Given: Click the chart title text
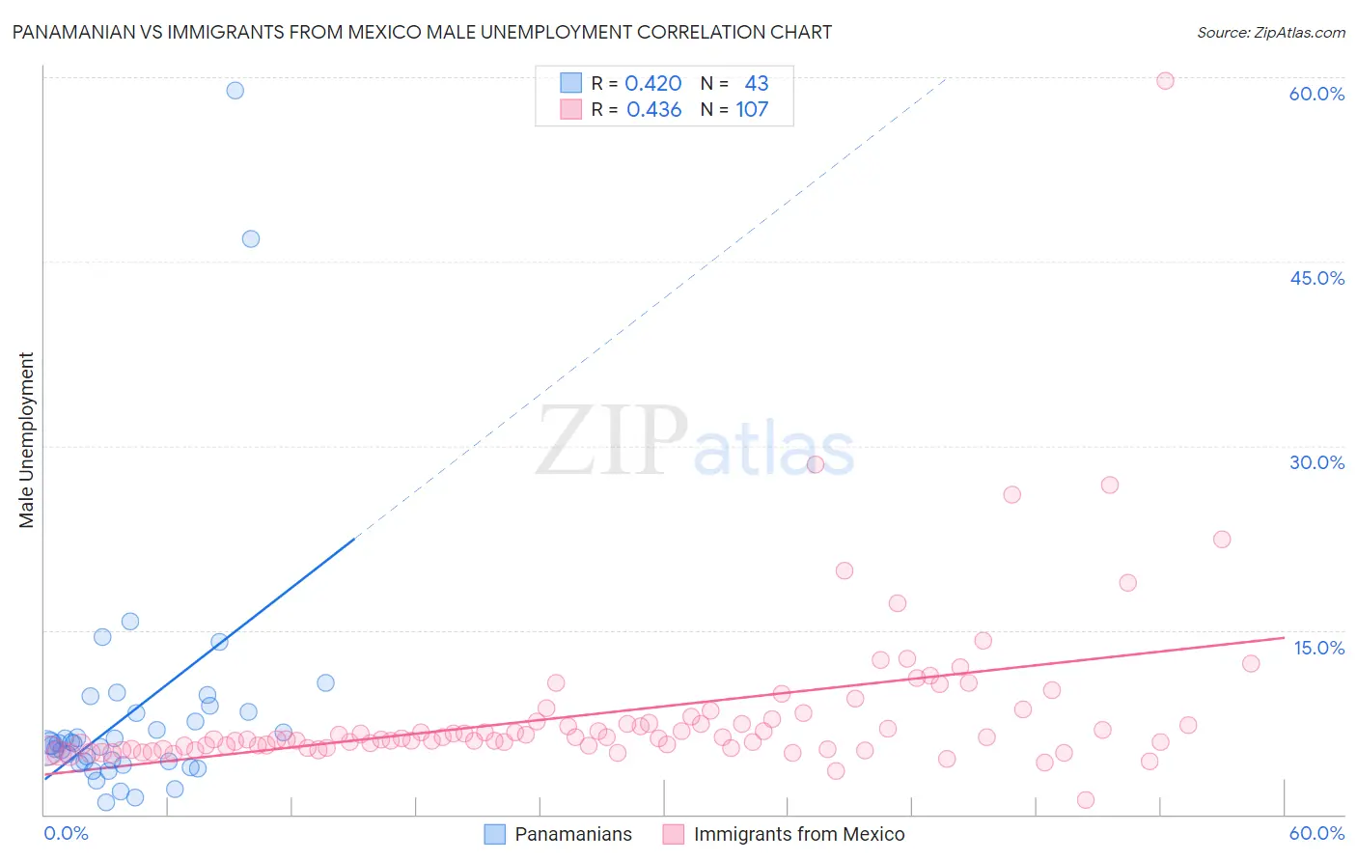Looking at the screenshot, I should pyautogui.click(x=422, y=32).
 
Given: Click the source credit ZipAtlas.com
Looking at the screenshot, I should pyautogui.click(x=1270, y=32).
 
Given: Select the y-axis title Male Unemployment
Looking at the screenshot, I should pyautogui.click(x=27, y=439).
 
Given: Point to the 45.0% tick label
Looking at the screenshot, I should pyautogui.click(x=1316, y=278).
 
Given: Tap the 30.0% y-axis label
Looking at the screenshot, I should pyautogui.click(x=1316, y=462).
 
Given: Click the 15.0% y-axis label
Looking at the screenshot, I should pyautogui.click(x=1318, y=648).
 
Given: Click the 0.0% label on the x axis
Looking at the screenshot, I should pyautogui.click(x=66, y=833).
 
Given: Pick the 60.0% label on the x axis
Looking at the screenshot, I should pyautogui.click(x=1316, y=833).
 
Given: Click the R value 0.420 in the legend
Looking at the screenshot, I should pyautogui.click(x=653, y=84).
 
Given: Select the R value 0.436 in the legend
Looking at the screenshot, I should pyautogui.click(x=653, y=110).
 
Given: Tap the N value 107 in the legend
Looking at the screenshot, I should pyautogui.click(x=752, y=110).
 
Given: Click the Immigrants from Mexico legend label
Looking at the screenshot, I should pyautogui.click(x=799, y=834).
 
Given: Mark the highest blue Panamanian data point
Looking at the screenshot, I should pyautogui.click(x=235, y=91).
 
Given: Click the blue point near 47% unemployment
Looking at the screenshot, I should pyautogui.click(x=251, y=239).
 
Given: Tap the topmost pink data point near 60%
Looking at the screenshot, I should pyautogui.click(x=1165, y=81).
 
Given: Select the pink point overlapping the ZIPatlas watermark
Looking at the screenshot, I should pyautogui.click(x=815, y=464).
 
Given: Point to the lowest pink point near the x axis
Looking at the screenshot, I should pyautogui.click(x=1086, y=800).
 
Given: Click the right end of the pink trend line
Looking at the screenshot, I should pyautogui.click(x=1283, y=637).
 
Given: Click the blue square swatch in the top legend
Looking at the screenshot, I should pyautogui.click(x=571, y=83).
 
